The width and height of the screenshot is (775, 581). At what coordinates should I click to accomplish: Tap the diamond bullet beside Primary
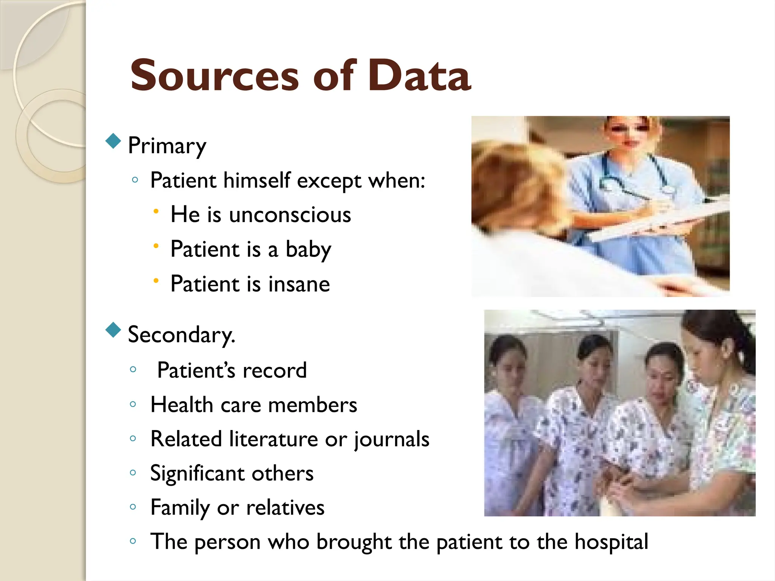pyautogui.click(x=113, y=141)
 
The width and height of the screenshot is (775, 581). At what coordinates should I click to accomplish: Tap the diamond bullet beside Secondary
pyautogui.click(x=113, y=330)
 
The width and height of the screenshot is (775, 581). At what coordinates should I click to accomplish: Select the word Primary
pyautogui.click(x=167, y=146)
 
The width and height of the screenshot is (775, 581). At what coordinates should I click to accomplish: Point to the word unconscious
pyautogui.click(x=290, y=215)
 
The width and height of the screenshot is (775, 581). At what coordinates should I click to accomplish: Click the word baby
pyautogui.click(x=308, y=250)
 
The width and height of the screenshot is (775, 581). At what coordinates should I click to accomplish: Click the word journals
pyautogui.click(x=391, y=440)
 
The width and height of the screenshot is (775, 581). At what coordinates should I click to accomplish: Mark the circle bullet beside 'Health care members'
pyautogui.click(x=133, y=404)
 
